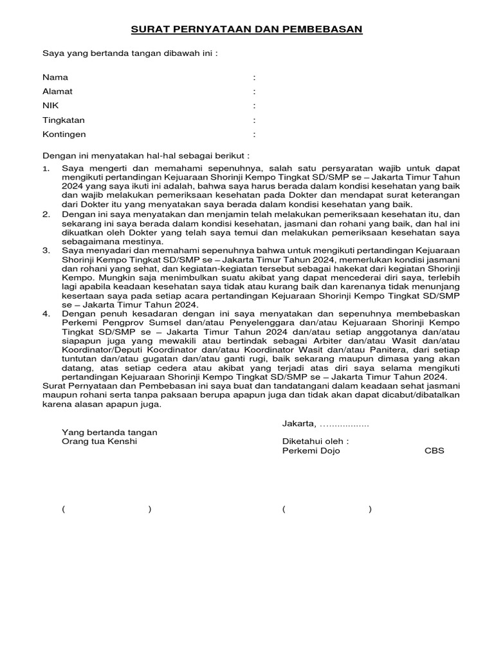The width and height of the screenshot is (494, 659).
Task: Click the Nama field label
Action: point(55,77)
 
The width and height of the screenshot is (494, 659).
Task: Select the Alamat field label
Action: point(57,91)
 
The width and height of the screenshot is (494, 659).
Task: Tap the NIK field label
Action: point(50,106)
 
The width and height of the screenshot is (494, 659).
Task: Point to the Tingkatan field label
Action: point(64,120)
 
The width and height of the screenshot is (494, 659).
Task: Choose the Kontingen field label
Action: point(64,135)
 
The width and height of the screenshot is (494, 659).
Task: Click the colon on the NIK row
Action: point(255,106)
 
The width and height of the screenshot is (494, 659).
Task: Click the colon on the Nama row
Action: point(255,77)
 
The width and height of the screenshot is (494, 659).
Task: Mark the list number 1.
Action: point(45,168)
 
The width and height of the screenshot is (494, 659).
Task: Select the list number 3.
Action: point(45,249)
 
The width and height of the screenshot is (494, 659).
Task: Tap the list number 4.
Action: point(45,313)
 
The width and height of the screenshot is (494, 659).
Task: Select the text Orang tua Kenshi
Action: point(99,441)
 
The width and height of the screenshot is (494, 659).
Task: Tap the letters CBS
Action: point(434,450)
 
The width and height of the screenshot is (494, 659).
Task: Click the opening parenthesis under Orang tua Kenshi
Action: point(64,509)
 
